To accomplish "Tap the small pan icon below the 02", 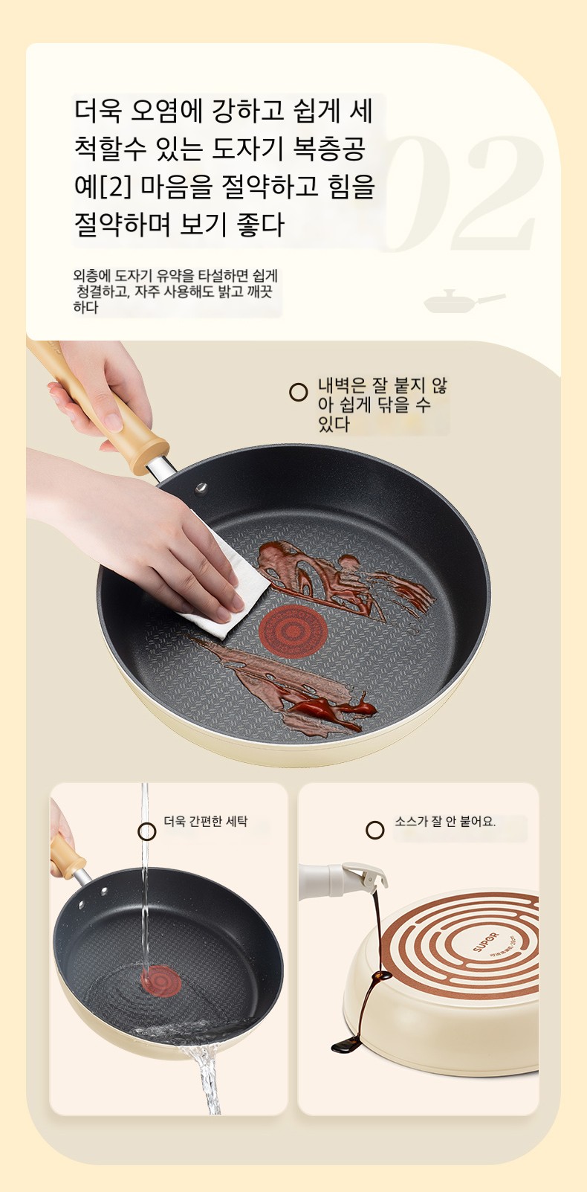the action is [x=463, y=302].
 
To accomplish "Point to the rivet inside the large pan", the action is [x=201, y=488].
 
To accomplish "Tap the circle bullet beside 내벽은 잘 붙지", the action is [x=298, y=392].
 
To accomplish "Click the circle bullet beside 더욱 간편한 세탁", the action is [x=147, y=831].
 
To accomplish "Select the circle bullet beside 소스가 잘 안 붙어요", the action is [x=375, y=830].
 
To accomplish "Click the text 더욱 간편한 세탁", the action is [x=205, y=821].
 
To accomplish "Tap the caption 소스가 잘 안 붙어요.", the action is [x=444, y=821].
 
